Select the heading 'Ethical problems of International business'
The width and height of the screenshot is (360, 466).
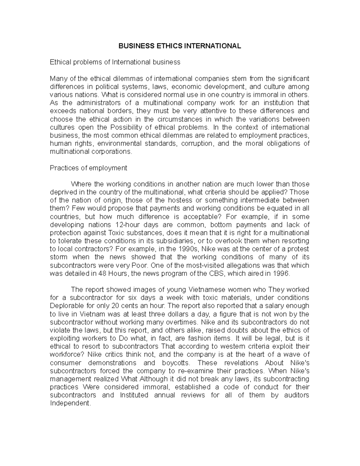[115, 62]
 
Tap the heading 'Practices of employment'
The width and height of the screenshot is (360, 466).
[88, 168]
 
